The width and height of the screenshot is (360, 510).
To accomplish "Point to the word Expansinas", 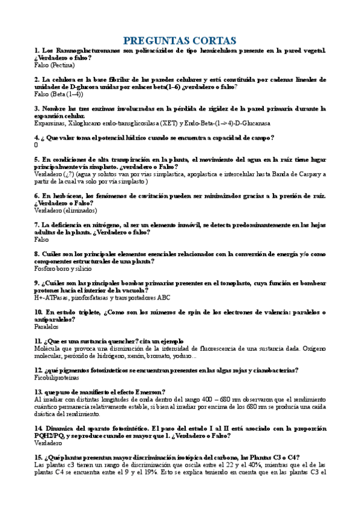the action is point(50,123).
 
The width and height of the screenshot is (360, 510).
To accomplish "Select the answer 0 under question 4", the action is point(37,145).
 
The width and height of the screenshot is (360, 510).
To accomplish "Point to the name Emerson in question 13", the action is point(147,392).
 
